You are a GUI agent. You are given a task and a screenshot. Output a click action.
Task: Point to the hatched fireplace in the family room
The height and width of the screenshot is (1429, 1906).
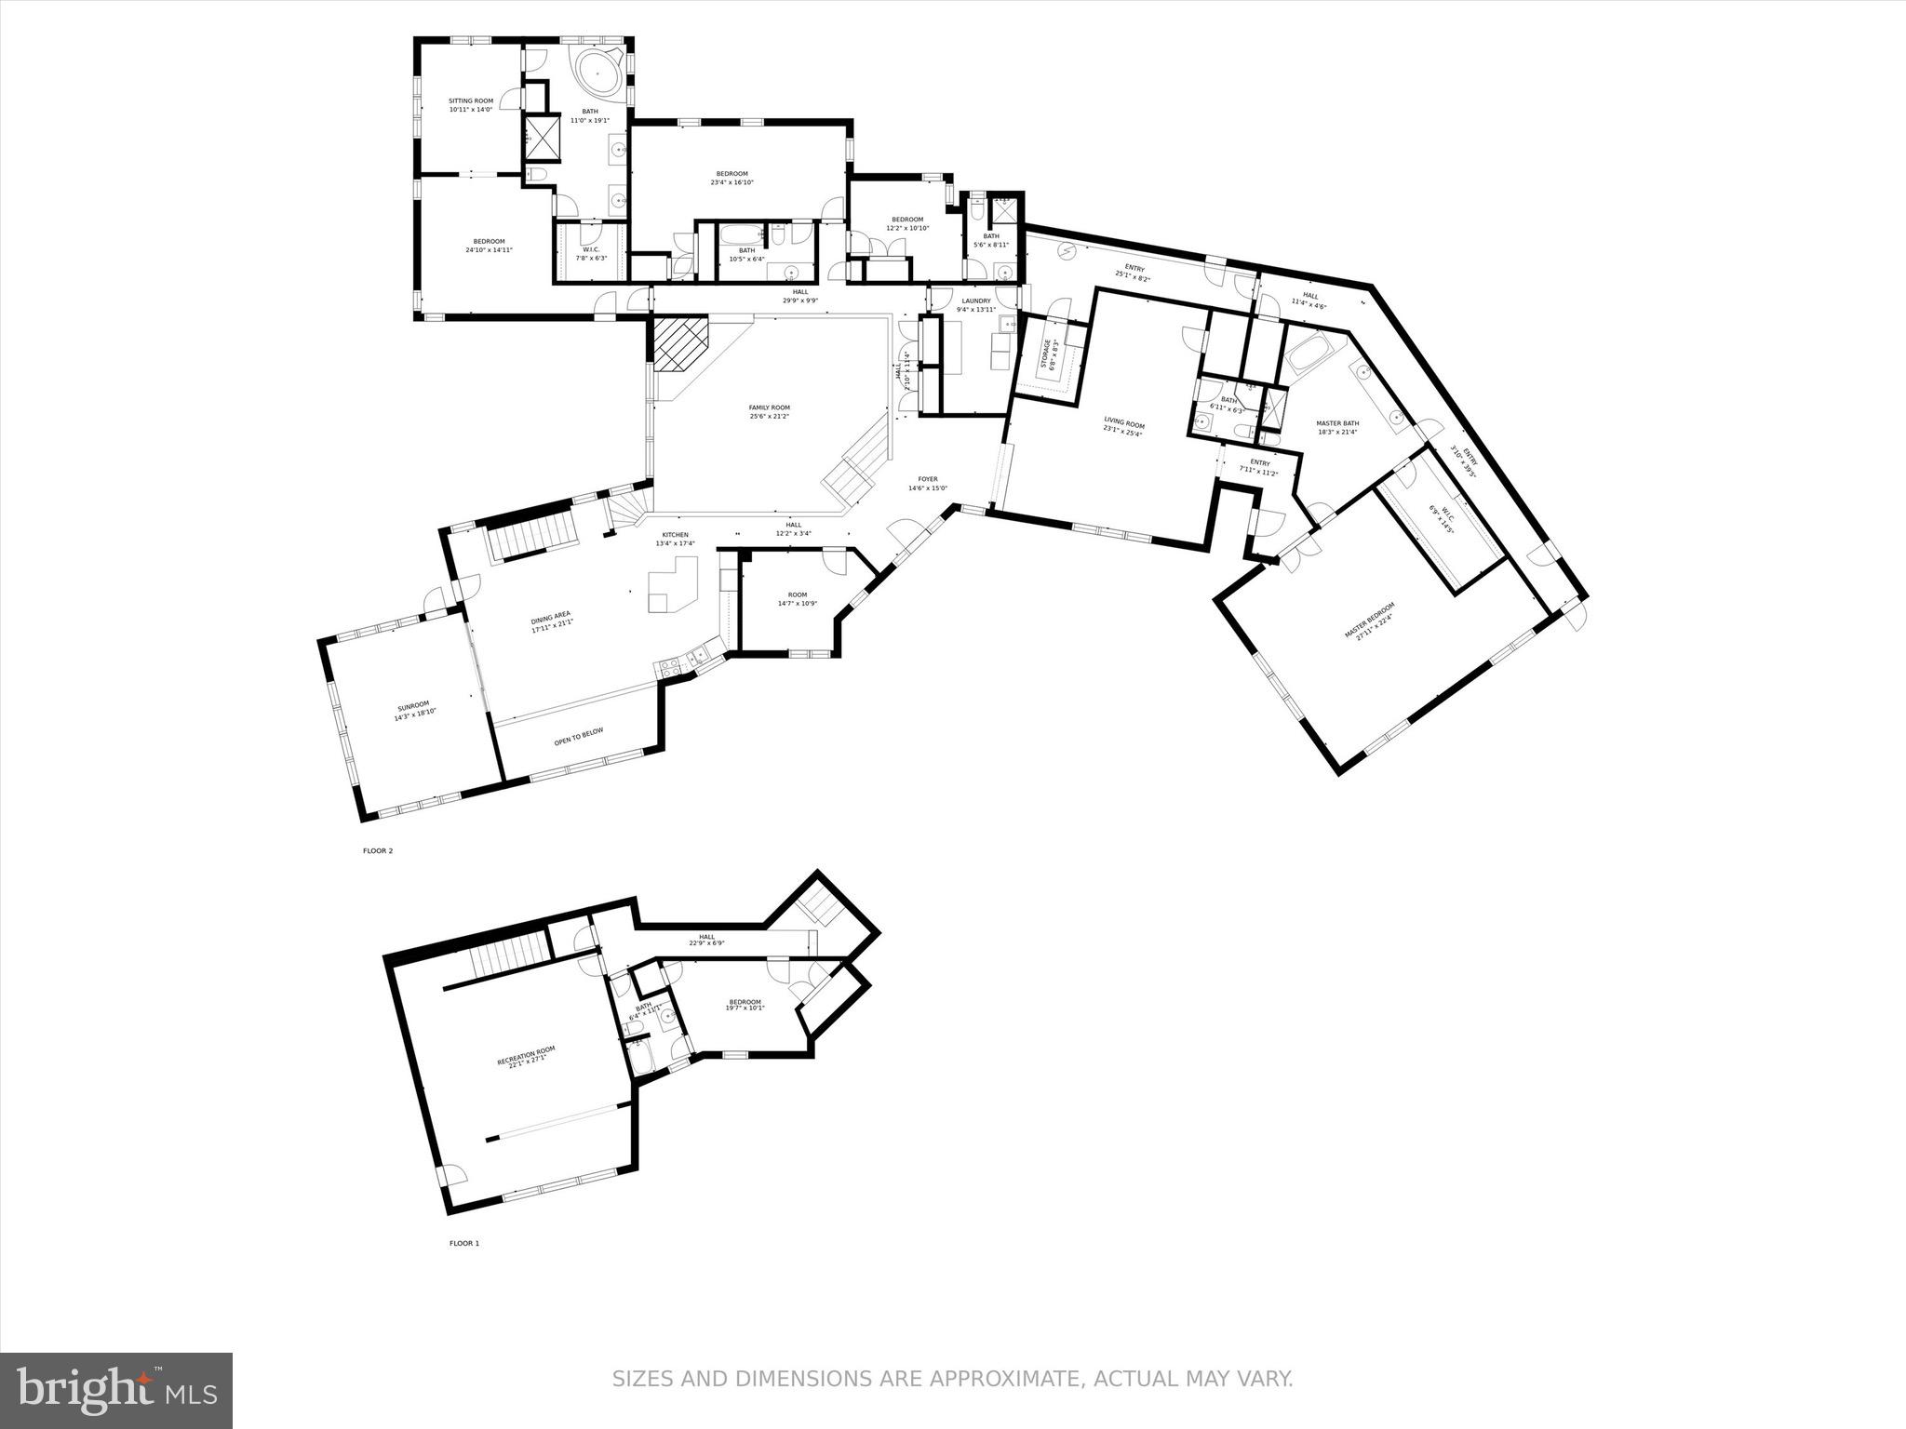pos(679,343)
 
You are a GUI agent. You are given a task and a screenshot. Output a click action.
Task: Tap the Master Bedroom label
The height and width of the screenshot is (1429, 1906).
pos(1369,621)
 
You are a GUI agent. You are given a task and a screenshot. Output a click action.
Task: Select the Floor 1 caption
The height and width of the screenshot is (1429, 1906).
pos(464,1243)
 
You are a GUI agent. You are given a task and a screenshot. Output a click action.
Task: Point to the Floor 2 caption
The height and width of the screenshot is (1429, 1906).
pos(377,850)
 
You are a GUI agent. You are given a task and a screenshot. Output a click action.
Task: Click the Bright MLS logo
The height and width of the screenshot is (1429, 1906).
pos(117,1392)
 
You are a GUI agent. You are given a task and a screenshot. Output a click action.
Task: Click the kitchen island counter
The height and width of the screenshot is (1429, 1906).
pos(672,584)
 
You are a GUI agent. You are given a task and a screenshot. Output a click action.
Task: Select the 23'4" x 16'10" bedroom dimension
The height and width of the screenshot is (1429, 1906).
pos(732,182)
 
